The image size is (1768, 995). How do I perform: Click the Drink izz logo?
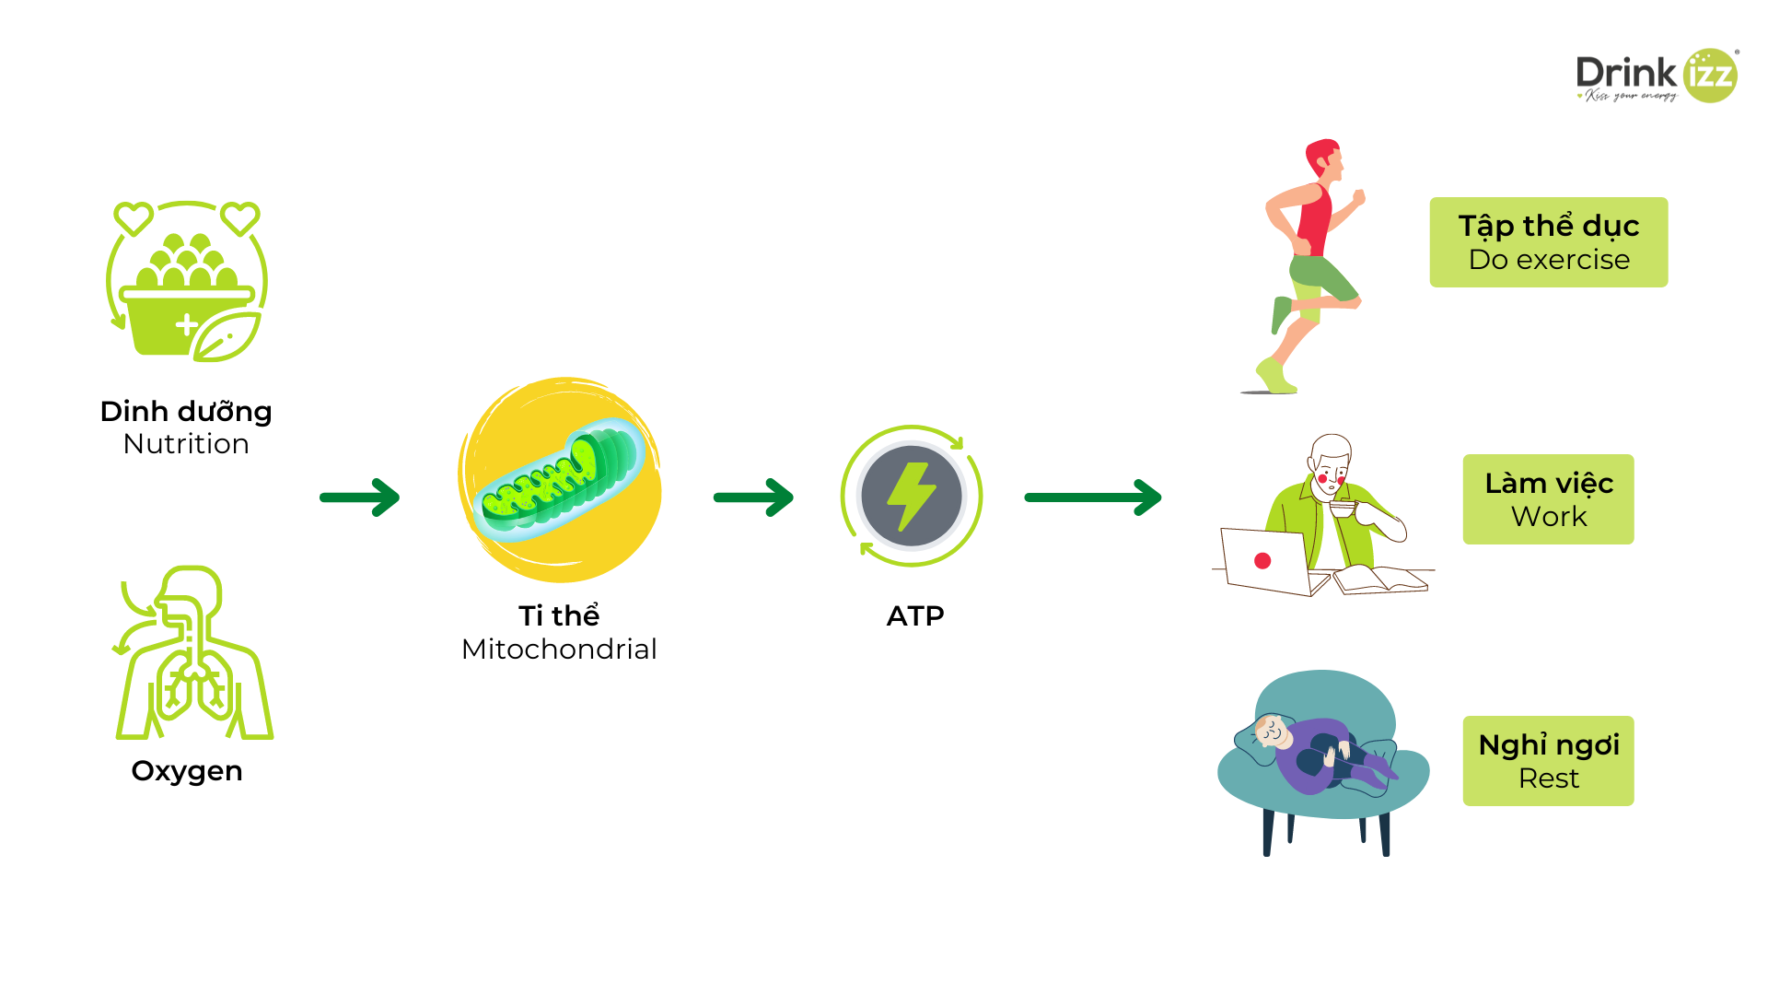coord(1656,76)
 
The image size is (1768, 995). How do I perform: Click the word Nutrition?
coord(186,444)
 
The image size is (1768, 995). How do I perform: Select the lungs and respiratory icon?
coord(193,654)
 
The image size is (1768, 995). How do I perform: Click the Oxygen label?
coord(187,771)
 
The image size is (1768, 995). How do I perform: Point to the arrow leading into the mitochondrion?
coord(360,497)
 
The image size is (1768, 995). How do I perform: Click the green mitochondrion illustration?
coord(559,480)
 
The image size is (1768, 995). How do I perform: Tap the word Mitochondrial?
coord(559,650)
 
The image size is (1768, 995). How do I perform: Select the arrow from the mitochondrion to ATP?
coord(753,497)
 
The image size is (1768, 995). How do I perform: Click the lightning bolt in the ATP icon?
coord(911,496)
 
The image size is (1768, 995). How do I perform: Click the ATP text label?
coord(915,616)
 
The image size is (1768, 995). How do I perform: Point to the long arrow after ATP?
coord(1093,497)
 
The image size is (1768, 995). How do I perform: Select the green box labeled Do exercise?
coord(1549,242)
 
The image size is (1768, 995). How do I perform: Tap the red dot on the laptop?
coord(1262,561)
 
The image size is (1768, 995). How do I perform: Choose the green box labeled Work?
coord(1549,499)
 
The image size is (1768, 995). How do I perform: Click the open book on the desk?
coord(1381,580)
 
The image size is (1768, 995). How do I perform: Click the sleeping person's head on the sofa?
coord(1272,732)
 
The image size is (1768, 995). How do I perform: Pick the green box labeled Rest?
coord(1549,761)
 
